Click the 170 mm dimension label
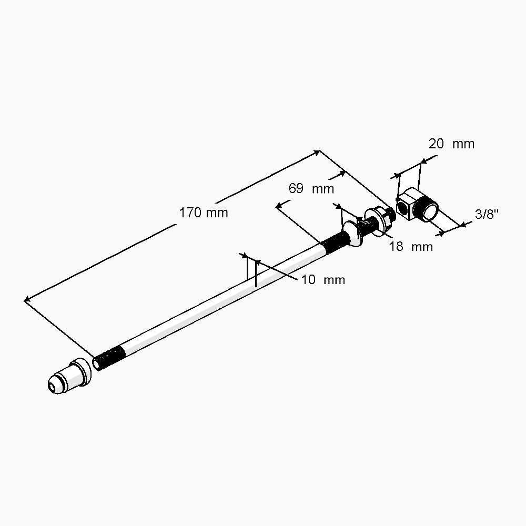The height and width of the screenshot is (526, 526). coord(204,213)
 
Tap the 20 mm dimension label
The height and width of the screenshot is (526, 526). coord(451,144)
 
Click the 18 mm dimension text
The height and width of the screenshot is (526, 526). coord(411,246)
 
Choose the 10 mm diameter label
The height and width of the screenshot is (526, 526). coord(323,280)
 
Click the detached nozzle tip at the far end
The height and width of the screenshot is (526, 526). coord(67,376)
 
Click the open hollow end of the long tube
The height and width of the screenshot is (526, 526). coord(97,363)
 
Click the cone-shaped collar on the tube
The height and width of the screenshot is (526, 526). coord(351,236)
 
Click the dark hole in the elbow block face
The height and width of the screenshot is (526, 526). coord(402,209)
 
